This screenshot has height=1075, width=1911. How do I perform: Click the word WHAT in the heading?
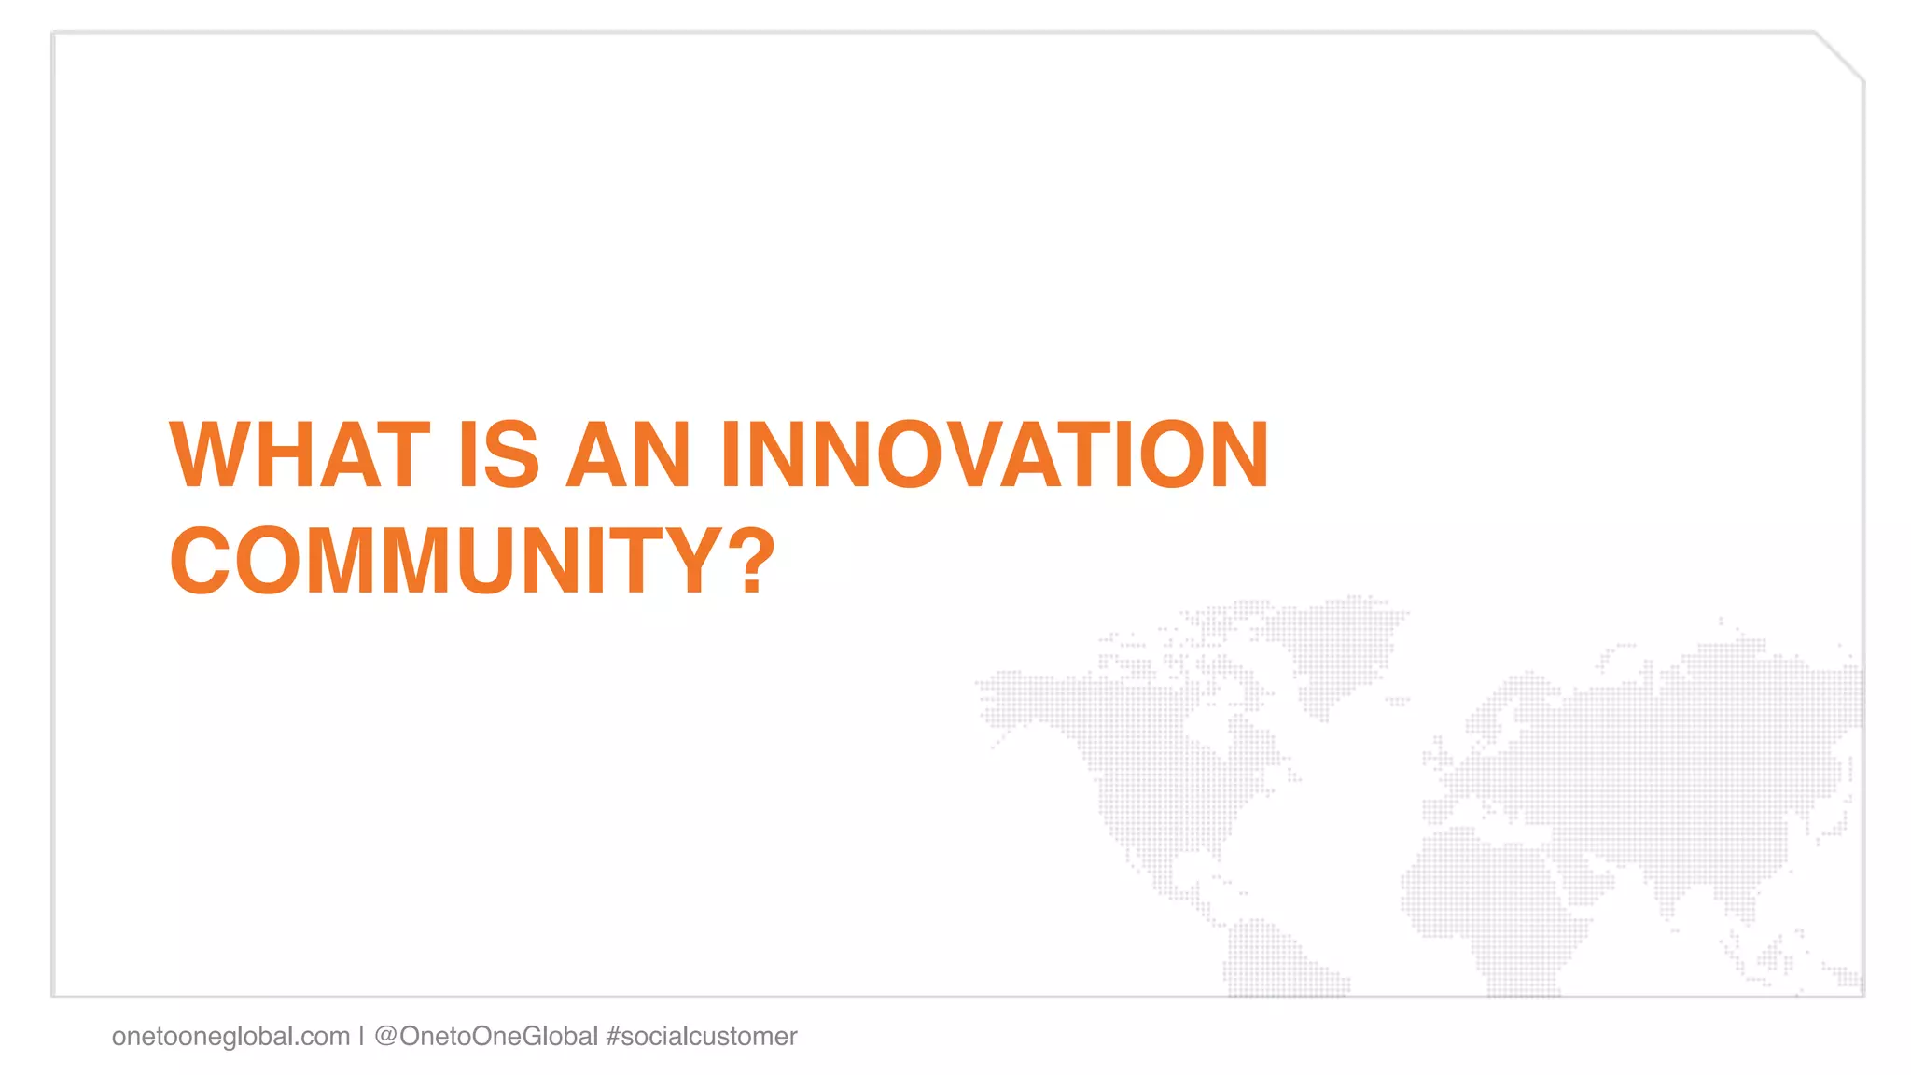300,455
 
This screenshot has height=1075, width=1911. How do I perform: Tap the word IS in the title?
499,455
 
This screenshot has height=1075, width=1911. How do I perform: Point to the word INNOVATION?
995,455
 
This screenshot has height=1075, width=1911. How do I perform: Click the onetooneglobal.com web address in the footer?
230,1037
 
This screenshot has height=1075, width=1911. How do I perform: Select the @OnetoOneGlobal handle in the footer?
485,1037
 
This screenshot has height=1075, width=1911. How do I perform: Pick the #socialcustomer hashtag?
702,1037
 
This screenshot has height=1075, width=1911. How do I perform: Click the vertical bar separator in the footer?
361,1037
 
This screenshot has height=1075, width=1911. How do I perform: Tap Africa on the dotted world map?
1493,896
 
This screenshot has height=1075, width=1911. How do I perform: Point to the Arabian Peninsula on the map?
1586,873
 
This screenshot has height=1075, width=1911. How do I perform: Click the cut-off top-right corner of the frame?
1840,56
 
